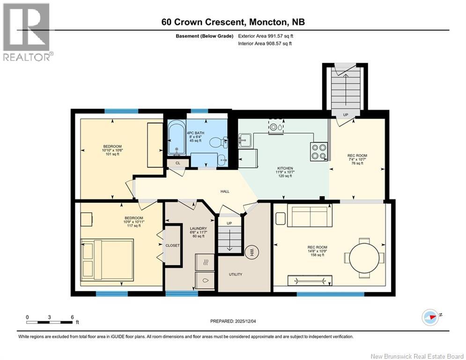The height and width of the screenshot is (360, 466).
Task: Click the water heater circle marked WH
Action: [252, 252]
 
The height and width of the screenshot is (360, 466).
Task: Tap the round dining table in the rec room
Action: [364, 258]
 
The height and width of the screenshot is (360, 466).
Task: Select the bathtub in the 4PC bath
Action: [177, 138]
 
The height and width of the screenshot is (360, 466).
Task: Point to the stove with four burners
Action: [318, 151]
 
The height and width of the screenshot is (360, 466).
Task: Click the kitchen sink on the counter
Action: [245, 140]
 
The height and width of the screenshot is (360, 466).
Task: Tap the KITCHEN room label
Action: [285, 168]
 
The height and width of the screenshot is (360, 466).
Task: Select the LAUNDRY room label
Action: [198, 228]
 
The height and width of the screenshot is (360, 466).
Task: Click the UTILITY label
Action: [236, 274]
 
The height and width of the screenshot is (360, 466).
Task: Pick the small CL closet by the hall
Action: [178, 163]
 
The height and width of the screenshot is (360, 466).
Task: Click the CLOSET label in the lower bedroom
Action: [172, 246]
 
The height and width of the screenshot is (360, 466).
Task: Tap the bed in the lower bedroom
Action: [107, 260]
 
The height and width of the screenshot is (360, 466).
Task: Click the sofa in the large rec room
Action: [310, 216]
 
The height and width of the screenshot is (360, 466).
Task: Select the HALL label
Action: [225, 191]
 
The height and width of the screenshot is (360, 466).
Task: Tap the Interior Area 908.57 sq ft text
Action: [265, 44]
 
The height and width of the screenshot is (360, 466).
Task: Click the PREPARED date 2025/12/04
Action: [233, 321]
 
